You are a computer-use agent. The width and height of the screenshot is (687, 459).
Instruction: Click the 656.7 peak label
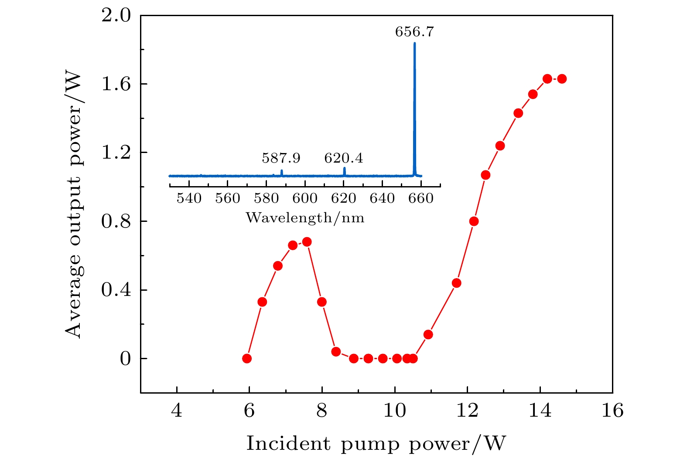tap(414, 32)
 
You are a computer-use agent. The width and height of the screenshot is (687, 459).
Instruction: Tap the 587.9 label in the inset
tap(281, 158)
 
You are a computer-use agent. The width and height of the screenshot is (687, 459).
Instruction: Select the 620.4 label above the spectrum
tap(343, 158)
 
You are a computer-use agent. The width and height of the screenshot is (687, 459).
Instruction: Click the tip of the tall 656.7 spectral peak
tap(414, 43)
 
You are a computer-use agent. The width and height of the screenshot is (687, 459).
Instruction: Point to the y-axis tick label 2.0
tap(116, 16)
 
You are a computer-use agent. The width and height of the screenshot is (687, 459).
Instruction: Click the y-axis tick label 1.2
tap(116, 153)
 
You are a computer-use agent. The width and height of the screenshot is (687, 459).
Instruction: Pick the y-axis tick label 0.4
tap(116, 290)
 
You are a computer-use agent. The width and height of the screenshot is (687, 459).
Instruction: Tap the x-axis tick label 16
tap(612, 411)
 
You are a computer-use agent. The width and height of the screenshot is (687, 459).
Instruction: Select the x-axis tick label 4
tap(177, 411)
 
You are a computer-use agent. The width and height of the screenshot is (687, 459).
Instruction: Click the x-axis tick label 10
tap(394, 411)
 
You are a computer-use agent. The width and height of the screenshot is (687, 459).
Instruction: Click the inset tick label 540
tap(189, 199)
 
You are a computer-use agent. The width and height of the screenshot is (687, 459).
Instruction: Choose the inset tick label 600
tap(304, 199)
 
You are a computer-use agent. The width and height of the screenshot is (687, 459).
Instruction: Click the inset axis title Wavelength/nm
tap(305, 217)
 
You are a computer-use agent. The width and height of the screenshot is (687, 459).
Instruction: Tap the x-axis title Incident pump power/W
tap(376, 444)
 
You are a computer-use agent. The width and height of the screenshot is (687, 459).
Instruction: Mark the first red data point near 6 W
tap(247, 358)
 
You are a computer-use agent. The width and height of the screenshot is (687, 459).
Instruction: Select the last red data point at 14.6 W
tap(562, 79)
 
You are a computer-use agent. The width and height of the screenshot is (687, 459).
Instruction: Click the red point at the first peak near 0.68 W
tap(307, 242)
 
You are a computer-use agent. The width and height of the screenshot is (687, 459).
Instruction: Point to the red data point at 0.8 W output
tap(474, 221)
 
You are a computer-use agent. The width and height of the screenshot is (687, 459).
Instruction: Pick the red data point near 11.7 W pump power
tap(457, 283)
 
